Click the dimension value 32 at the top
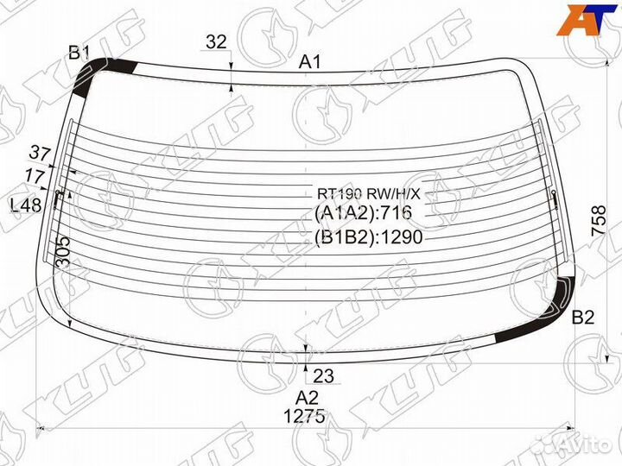pos(216,41)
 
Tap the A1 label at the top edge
pos(309,62)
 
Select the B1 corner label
pos(79,53)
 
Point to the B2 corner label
pos(583,318)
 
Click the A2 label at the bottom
pos(307,398)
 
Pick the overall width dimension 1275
pos(305,416)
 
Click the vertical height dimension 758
pos(599,221)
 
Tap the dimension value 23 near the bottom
pos(323,376)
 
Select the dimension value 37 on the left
pos(40,154)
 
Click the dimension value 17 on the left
pos(35,175)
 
